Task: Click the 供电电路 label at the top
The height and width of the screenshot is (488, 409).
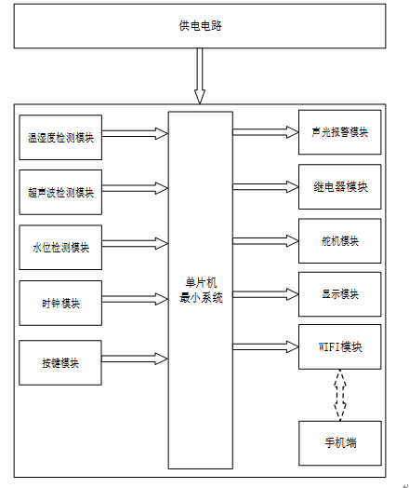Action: [x=200, y=25]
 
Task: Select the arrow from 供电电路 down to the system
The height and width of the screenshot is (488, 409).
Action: [x=200, y=75]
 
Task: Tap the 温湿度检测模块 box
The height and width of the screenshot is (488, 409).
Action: [x=60, y=138]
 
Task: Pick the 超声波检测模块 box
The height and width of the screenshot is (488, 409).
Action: [x=60, y=193]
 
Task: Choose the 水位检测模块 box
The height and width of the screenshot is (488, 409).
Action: [x=60, y=248]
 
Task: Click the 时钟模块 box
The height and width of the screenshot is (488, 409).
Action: [x=60, y=303]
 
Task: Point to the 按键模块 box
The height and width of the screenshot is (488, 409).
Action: [x=60, y=363]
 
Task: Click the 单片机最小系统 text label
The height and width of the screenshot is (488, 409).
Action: [x=201, y=290]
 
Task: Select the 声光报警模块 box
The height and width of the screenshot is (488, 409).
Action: [x=339, y=132]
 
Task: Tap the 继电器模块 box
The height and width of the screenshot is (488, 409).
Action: [x=339, y=187]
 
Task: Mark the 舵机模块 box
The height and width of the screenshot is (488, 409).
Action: [x=339, y=241]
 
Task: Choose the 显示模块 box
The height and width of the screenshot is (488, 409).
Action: [x=339, y=294]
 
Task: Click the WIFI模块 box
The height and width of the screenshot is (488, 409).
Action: [x=339, y=347]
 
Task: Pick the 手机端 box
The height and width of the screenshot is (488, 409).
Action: [x=340, y=443]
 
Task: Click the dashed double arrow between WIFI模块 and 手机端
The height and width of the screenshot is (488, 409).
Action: [x=340, y=395]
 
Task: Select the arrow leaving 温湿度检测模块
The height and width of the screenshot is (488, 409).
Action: [x=135, y=134]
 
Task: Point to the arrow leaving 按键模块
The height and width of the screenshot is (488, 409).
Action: [x=135, y=359]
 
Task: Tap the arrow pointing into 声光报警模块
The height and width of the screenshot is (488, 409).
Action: [x=266, y=132]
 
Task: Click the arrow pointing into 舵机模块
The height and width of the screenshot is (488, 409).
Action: [x=266, y=241]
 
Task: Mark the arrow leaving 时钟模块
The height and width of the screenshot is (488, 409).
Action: [x=135, y=299]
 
